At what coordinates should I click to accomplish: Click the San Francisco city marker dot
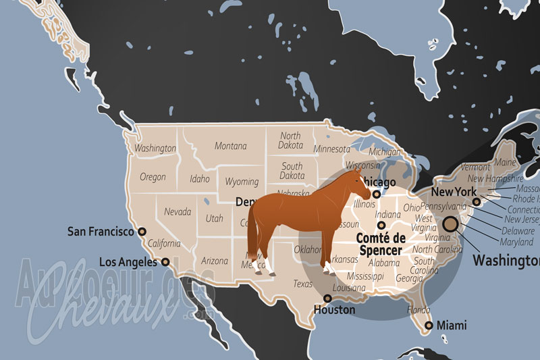(x=142, y=231)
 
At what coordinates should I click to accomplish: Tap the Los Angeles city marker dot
(x=165, y=261)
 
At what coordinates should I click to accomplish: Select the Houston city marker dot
(x=328, y=298)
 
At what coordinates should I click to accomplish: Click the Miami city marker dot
(x=428, y=326)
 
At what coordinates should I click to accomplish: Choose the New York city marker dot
(x=477, y=201)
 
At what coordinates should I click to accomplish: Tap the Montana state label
(x=230, y=146)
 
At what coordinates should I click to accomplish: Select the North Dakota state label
(x=290, y=140)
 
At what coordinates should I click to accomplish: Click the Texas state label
(x=303, y=284)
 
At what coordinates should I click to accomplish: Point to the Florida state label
(x=418, y=310)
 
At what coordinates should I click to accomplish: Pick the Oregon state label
(x=153, y=177)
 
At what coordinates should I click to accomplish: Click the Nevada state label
(x=178, y=211)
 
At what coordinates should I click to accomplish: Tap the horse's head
(x=358, y=184)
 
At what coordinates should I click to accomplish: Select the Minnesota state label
(x=331, y=149)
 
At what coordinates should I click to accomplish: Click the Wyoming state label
(x=242, y=182)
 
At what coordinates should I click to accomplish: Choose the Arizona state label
(x=215, y=261)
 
